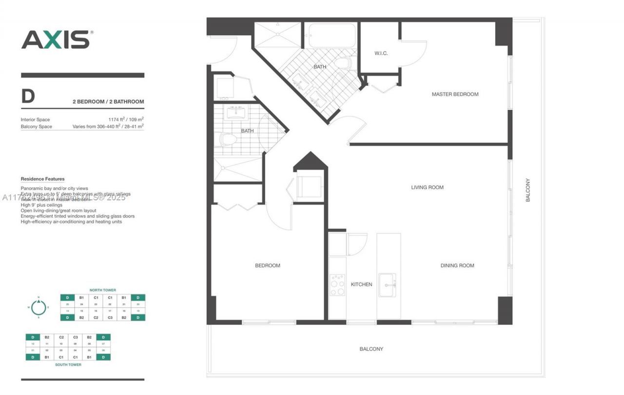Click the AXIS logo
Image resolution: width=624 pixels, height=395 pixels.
tap(56, 39)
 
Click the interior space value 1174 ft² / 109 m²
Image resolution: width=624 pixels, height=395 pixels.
tap(126, 119)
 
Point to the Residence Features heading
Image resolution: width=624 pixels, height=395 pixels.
tap(42, 179)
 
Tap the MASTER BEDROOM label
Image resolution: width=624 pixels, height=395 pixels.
tap(455, 94)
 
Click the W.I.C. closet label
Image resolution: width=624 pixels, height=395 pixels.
tap(381, 53)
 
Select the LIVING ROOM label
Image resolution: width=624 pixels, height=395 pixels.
tap(427, 187)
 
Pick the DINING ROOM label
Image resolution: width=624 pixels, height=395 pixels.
tap(457, 266)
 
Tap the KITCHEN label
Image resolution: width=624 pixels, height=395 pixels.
tap(361, 284)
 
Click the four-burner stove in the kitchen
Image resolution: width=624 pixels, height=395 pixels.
tap(337, 285)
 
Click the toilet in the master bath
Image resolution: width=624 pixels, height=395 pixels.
tap(344, 63)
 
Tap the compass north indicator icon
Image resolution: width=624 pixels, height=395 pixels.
tap(39, 307)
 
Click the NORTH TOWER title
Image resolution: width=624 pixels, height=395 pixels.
tap(102, 290)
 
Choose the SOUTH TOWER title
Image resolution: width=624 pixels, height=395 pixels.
tap(68, 364)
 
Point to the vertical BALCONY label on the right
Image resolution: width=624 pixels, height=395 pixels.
tap(527, 190)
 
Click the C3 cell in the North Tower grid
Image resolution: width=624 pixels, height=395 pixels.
tap(110, 317)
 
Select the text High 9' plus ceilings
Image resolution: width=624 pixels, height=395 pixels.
tap(41, 205)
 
